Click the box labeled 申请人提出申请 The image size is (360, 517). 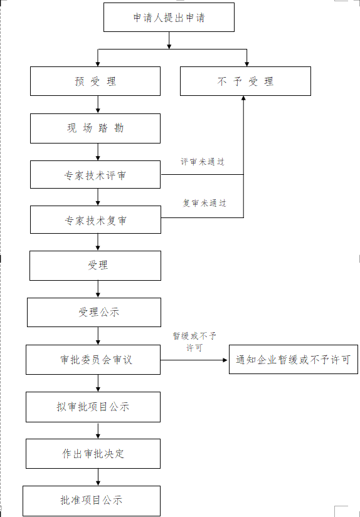click(x=169, y=17)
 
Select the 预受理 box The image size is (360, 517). click(x=95, y=81)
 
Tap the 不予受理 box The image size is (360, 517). click(x=245, y=81)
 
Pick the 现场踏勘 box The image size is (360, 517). click(x=95, y=128)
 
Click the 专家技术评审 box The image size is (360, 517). click(x=95, y=175)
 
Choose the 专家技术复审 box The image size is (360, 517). click(x=96, y=219)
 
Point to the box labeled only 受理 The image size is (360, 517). click(x=95, y=266)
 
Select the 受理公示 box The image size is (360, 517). click(x=94, y=312)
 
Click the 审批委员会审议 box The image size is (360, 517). click(x=93, y=360)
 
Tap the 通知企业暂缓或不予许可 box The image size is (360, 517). click(x=294, y=360)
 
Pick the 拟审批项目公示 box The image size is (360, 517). click(x=93, y=407)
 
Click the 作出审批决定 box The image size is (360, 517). click(x=93, y=454)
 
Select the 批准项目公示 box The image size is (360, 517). click(x=92, y=501)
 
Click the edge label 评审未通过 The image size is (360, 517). click(x=203, y=162)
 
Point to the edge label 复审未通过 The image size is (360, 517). click(x=204, y=203)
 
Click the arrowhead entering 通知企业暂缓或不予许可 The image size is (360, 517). click(x=226, y=360)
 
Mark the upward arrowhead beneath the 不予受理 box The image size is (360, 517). click(x=243, y=98)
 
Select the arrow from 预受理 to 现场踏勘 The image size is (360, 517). click(x=98, y=105)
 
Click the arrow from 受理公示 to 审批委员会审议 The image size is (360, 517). click(x=98, y=336)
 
